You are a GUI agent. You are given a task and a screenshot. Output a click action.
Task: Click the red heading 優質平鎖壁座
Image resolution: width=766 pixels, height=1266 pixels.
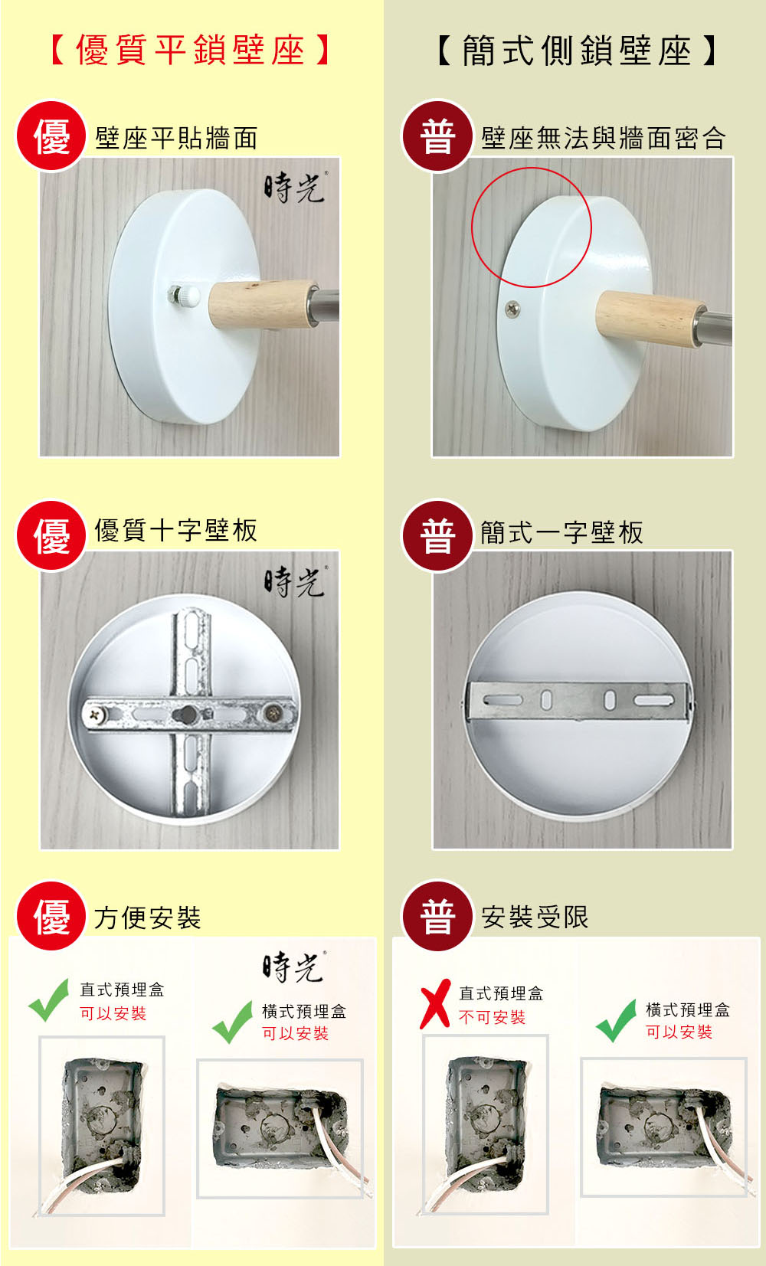(x=190, y=50)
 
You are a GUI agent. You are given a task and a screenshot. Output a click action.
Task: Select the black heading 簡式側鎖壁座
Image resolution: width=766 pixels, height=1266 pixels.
(x=578, y=51)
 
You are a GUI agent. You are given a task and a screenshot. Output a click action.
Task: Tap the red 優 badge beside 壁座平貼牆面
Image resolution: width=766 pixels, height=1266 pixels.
(x=51, y=136)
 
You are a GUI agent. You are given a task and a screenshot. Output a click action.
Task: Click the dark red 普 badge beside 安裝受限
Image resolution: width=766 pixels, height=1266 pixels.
(x=437, y=915)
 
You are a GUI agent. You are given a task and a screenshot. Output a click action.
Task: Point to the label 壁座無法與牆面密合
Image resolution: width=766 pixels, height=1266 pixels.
(x=603, y=138)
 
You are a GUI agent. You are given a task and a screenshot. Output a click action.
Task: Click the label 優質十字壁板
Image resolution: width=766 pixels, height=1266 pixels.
(x=176, y=530)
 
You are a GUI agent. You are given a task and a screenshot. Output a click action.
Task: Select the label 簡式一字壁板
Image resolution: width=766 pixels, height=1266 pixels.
(x=562, y=532)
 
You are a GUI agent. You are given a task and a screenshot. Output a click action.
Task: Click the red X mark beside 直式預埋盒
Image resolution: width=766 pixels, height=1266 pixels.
(x=435, y=1004)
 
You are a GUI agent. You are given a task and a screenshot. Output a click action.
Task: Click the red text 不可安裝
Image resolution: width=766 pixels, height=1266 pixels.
(x=493, y=1017)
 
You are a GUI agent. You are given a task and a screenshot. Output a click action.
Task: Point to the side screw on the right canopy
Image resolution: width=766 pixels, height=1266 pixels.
(x=512, y=308)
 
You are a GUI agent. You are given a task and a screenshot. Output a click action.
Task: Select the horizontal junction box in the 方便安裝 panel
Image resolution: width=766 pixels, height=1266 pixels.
(x=281, y=1127)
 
